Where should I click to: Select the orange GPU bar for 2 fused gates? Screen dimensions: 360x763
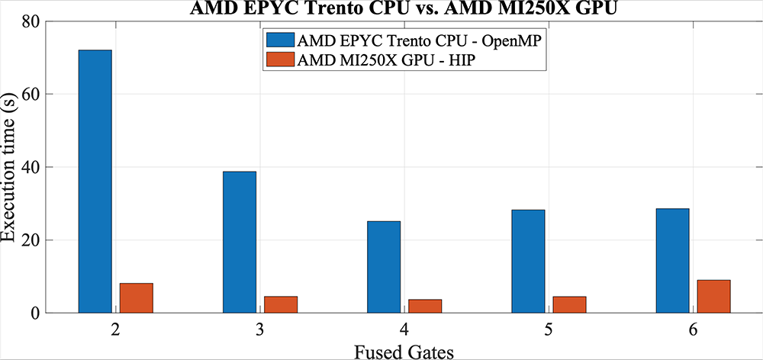[136, 297]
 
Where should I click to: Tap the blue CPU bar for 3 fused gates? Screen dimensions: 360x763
[239, 242]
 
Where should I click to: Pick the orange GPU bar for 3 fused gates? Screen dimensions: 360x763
[280, 304]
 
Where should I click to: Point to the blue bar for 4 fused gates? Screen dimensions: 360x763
[383, 267]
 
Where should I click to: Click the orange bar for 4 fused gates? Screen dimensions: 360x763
[424, 306]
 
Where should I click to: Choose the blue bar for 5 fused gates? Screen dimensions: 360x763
[528, 261]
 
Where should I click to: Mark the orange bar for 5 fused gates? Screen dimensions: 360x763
[569, 304]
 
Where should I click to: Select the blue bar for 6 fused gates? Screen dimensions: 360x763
[672, 260]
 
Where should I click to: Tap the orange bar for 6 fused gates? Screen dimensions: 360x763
[713, 296]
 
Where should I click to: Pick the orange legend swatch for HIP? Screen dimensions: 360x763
[279, 60]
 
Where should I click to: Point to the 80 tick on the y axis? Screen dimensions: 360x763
[31, 21]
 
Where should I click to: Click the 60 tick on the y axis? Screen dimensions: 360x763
[31, 95]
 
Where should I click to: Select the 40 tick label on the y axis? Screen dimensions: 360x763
[31, 167]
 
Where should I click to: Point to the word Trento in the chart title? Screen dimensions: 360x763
[323, 8]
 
